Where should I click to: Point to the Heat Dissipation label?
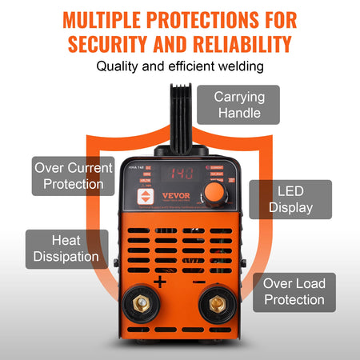tap(67, 249)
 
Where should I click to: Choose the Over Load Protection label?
tap(294, 292)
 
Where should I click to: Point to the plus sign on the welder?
tap(159, 282)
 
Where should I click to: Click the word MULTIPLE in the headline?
tap(106, 18)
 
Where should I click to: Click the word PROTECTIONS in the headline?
tap(212, 18)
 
